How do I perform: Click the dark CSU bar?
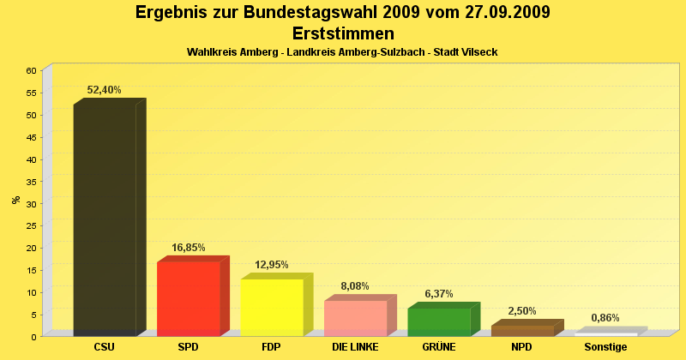[x=105, y=219]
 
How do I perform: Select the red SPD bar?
[x=189, y=298]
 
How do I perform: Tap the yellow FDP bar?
[x=272, y=307]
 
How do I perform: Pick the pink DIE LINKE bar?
[x=355, y=318]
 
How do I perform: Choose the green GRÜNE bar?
[x=439, y=321]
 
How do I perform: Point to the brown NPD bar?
[x=522, y=330]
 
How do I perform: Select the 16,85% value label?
[x=189, y=248]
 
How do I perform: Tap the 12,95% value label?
[x=272, y=265]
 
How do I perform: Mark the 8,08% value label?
[x=355, y=286]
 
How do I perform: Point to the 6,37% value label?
[x=439, y=294]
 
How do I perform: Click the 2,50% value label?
[x=522, y=311]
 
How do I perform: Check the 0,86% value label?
[x=605, y=318]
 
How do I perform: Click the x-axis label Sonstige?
[x=605, y=347]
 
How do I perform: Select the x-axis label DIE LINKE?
[x=355, y=347]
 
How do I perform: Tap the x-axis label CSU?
[x=105, y=347]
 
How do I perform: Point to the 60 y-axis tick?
[x=31, y=70]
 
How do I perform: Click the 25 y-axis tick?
[x=31, y=225]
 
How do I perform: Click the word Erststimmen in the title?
[x=343, y=33]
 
